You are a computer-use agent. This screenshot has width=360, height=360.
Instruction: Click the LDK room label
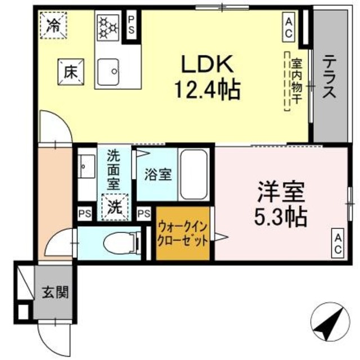tap(207, 65)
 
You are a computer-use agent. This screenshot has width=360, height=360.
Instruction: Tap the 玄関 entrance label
tap(55, 292)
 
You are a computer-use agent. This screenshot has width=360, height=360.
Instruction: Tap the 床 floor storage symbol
tap(69, 72)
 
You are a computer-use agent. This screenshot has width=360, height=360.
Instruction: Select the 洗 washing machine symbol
tap(115, 206)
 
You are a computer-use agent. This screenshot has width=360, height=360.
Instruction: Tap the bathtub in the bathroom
tap(195, 174)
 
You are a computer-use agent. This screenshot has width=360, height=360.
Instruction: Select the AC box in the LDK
tap(288, 27)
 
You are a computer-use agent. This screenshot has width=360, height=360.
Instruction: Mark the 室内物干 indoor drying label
tap(294, 81)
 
